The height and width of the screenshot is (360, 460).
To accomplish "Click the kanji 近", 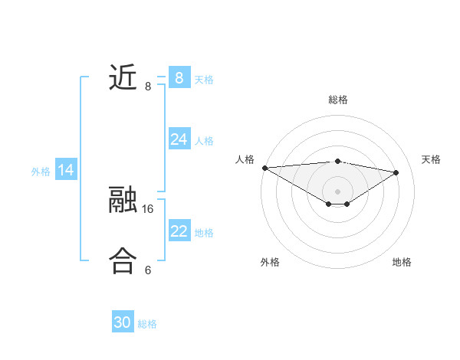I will tap(123, 77).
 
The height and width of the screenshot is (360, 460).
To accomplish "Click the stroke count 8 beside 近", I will tap(148, 87).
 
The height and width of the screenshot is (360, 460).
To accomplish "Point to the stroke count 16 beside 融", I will tap(148, 208).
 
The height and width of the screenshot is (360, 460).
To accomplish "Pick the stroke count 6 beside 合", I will tap(148, 270).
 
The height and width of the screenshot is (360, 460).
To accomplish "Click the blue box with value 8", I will tap(179, 77).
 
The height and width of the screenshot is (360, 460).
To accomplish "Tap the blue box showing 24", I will tap(179, 139).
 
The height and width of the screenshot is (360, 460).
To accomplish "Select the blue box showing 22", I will tap(179, 231).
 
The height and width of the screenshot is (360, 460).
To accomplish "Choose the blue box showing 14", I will tap(66, 170).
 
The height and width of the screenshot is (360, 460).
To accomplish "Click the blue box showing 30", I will tap(123, 322).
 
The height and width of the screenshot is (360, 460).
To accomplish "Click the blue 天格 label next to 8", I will tap(204, 79).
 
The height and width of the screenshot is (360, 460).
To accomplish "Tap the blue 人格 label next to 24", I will tap(204, 140).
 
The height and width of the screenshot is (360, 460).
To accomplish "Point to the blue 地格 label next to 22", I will tap(204, 232).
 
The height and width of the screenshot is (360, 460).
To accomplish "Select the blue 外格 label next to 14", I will tap(41, 172).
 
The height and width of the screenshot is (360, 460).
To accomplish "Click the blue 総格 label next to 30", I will tap(147, 324).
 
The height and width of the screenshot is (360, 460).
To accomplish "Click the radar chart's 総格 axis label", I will tap(337, 100).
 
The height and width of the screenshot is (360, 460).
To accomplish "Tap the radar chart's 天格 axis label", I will tap(431, 159).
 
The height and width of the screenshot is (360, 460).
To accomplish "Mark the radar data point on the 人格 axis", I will tap(264, 167).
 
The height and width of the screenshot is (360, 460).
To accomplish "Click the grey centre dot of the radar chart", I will tap(337, 191).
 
